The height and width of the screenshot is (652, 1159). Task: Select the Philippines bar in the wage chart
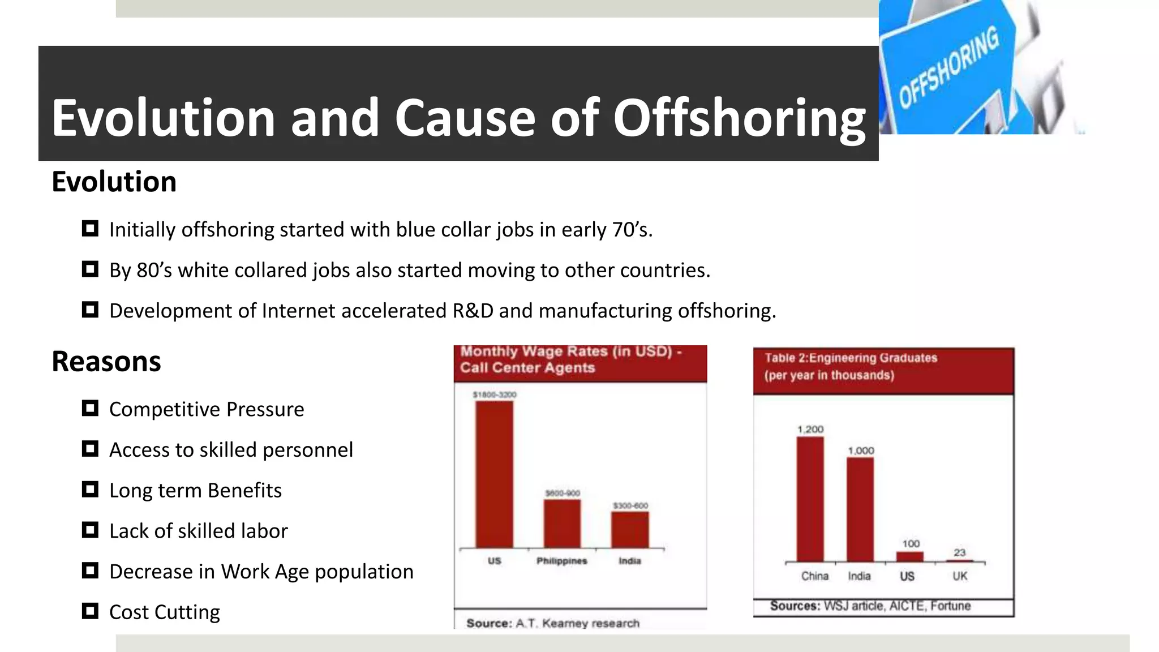point(562,524)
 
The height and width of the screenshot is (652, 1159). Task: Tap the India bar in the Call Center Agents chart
point(630,530)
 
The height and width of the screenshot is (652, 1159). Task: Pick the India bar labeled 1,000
point(860,509)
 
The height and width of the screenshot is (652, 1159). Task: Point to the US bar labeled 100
point(910,557)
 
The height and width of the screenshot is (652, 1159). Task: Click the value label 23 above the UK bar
point(959,552)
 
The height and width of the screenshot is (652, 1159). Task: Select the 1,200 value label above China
point(810,430)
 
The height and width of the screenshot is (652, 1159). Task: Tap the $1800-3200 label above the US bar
point(495,394)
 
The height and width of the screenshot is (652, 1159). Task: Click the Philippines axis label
point(562,561)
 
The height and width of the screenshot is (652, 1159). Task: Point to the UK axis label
point(960,576)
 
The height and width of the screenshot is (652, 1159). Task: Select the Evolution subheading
point(114,182)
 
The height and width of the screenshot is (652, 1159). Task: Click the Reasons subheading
point(106,362)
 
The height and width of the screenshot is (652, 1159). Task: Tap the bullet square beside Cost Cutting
point(90,611)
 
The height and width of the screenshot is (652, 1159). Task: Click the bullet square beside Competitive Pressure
point(90,408)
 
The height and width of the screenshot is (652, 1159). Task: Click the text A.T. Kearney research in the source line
point(577,623)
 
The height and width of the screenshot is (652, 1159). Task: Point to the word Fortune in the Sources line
point(950,606)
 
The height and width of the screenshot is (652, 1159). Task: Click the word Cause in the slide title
point(465,118)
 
